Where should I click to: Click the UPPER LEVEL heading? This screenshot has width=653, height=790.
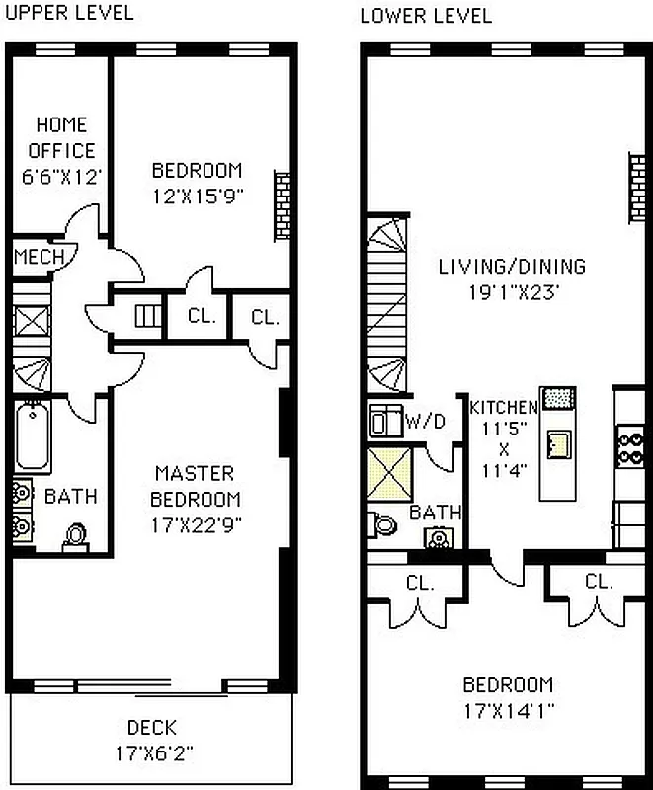point(68,14)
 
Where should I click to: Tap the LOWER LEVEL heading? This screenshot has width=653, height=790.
point(425,16)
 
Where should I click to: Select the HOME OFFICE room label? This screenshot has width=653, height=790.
point(61,138)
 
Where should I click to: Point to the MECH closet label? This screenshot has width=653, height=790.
point(40,257)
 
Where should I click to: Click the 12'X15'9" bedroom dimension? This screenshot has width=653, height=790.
point(197,195)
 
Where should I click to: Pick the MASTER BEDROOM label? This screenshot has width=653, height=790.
point(197,486)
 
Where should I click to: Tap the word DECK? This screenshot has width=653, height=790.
point(151,728)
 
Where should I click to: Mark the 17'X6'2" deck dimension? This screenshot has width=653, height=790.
point(151,752)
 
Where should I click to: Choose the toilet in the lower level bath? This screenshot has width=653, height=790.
point(382,522)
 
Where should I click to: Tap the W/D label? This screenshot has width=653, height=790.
point(426,422)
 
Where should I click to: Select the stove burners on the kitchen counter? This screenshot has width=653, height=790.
point(628,444)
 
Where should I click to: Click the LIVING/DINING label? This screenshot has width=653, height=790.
point(512,267)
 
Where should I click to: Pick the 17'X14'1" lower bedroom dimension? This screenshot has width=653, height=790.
point(508,709)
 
